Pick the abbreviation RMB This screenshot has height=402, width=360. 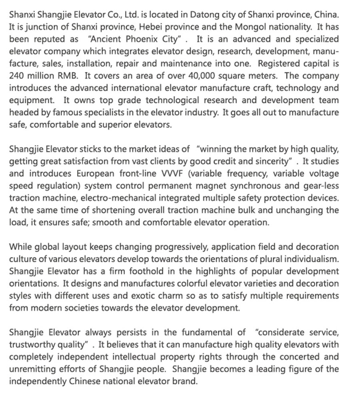click(66, 76)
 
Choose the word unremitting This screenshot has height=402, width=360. click(32, 369)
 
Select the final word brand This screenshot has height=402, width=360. click(186, 381)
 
